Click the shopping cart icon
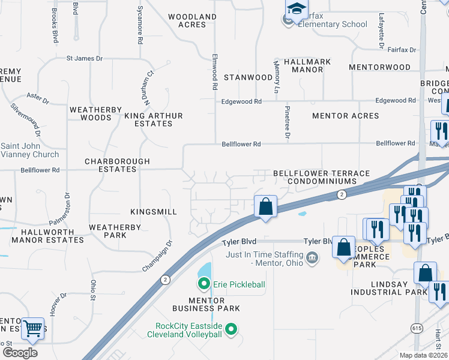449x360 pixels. [32, 328]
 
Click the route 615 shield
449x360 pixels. [417, 328]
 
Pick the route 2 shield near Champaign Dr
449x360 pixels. [164, 280]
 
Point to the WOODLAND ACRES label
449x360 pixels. [192, 20]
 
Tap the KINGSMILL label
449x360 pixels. [154, 212]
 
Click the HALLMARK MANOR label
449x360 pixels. [303, 65]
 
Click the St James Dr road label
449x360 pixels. [85, 58]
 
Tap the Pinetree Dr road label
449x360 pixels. [288, 125]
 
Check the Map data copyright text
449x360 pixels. [423, 355]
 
